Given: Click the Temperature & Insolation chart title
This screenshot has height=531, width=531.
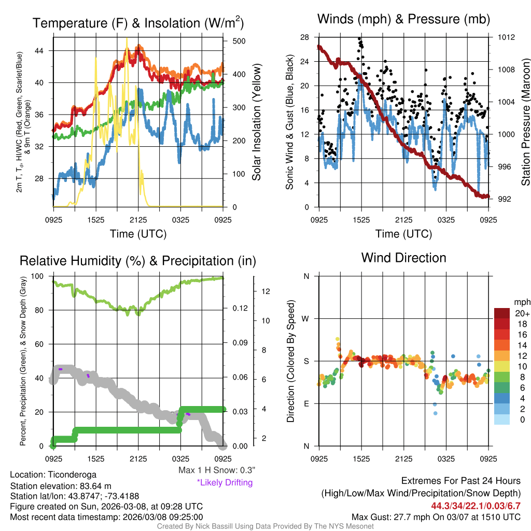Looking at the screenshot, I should click(138, 23).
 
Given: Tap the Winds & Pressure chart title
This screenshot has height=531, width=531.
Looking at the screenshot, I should click(403, 20).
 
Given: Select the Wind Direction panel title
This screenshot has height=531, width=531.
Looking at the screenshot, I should click(403, 258).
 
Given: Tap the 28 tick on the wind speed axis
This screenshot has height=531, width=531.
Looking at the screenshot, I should click(304, 37).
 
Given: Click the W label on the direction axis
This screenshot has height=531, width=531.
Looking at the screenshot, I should click(306, 318).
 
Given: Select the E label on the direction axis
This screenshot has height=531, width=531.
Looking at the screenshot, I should click(306, 403).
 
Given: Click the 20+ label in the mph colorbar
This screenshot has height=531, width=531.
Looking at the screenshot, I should click(522, 314).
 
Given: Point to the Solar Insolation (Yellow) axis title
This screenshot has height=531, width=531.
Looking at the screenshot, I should click(256, 122).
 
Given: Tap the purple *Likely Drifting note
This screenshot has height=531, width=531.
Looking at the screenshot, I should click(225, 483).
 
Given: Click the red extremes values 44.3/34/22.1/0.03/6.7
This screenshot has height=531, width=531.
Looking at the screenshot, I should click(476, 506).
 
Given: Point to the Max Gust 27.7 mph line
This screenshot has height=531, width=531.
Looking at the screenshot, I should click(436, 516).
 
